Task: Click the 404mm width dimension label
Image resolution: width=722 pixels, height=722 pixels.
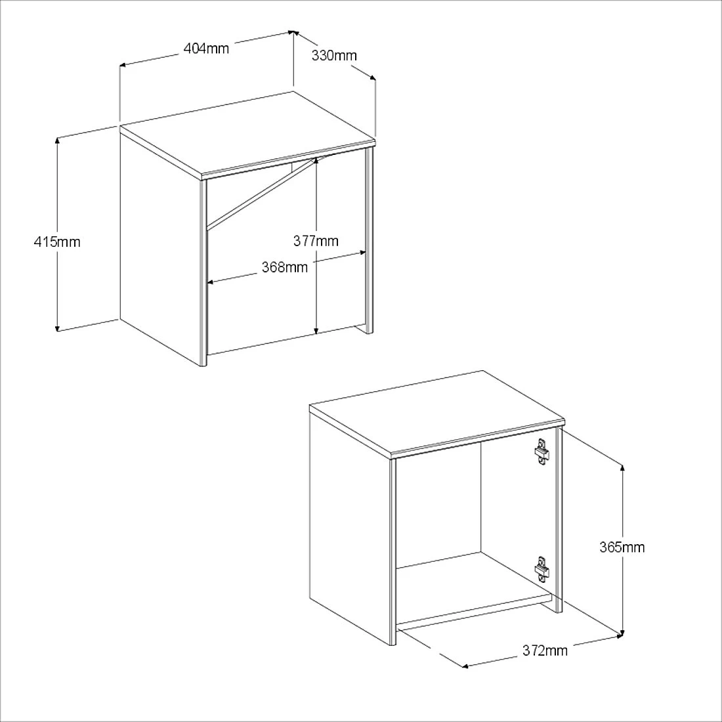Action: coord(206,49)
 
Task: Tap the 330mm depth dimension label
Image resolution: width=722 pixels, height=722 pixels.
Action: coord(334,55)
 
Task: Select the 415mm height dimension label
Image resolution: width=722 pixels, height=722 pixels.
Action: coord(57,242)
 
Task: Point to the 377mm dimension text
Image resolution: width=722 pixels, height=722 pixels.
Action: coord(316,241)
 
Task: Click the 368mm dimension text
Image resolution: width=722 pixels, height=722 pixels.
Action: coord(285,267)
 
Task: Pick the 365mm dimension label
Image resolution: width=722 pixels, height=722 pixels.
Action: coord(622,547)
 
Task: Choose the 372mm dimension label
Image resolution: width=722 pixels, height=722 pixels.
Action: coord(545,650)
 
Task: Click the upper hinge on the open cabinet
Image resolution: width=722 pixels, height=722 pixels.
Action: coord(542,452)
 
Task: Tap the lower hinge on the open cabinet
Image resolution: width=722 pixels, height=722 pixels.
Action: coord(542,570)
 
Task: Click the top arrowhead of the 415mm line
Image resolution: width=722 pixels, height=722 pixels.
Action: coord(57,140)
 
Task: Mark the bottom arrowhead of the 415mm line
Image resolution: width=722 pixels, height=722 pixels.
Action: coord(57,328)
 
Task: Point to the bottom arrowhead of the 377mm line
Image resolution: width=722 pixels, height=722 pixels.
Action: coord(316,330)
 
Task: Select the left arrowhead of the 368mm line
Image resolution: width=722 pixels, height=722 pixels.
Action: coord(211,282)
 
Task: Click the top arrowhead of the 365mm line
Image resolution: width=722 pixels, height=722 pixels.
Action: coord(622,469)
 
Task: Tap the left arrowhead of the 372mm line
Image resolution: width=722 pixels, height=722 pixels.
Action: coord(465,666)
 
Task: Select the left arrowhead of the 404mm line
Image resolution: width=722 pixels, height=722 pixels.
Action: coord(124,65)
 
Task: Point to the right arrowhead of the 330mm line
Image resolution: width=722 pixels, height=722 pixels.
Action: coord(372,77)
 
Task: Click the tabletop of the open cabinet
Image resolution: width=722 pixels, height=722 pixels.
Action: coord(436,412)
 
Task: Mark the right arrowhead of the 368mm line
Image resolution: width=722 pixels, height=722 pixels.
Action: coord(362,253)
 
